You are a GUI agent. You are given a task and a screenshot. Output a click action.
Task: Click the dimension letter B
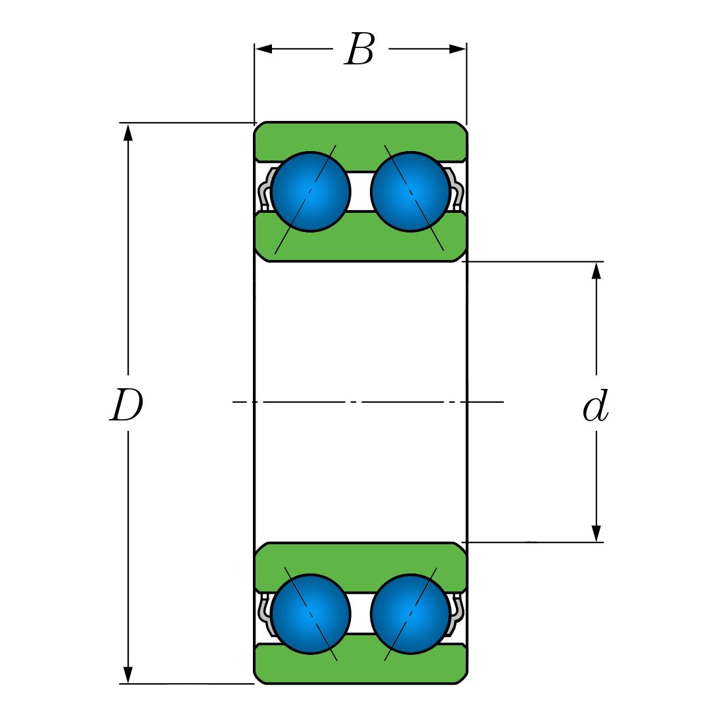[x=359, y=50]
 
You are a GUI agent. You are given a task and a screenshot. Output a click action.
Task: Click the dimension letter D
[x=126, y=405]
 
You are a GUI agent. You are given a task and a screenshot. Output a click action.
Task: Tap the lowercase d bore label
[x=596, y=407]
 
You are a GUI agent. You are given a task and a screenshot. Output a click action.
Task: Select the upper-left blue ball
[x=311, y=192]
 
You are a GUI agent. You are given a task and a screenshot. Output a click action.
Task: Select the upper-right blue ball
[x=411, y=192]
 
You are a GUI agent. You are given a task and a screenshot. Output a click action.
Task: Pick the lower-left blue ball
[x=311, y=614]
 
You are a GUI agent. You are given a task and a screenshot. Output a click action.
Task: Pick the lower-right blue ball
[x=411, y=614]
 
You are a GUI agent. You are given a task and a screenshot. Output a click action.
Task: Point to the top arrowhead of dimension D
[x=128, y=132]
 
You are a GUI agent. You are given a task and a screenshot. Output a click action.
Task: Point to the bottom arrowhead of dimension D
[x=128, y=675]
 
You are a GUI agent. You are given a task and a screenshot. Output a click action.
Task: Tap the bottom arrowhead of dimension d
[x=596, y=533]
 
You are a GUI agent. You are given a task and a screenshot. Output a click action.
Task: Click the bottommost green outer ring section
[x=361, y=666]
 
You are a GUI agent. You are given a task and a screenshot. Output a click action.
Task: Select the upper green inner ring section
[x=361, y=240]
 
